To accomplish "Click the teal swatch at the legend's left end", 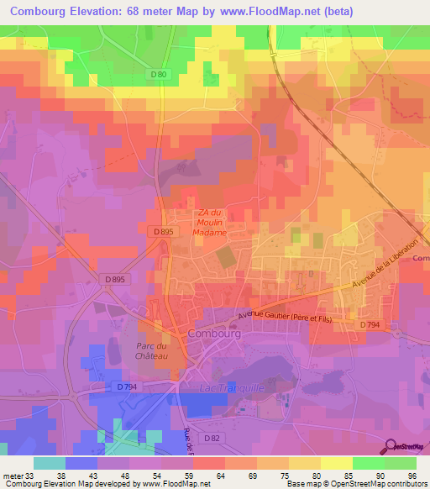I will pos(49,463).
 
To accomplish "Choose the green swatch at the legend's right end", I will pos(400,463).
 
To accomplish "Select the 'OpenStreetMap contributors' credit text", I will pos(384,484).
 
